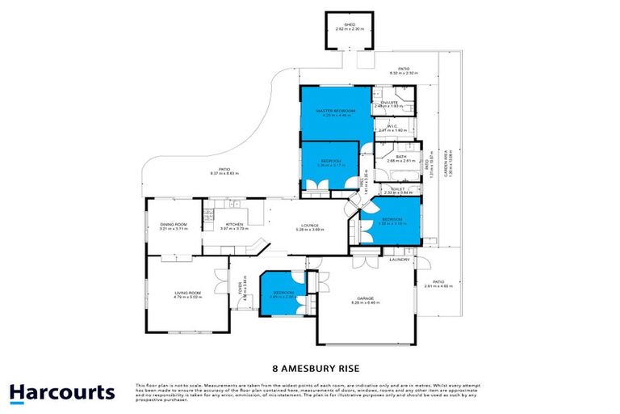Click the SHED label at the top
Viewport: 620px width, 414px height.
350,25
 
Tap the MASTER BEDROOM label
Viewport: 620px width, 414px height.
336,111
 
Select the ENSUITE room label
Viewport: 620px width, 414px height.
390,103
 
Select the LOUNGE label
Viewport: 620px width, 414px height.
311,226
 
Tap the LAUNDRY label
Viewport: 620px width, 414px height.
399,260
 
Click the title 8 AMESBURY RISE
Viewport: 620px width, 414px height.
309,365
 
